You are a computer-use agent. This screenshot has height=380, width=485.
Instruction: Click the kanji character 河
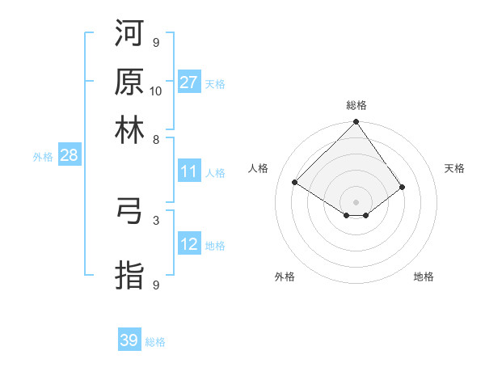coord(129,34)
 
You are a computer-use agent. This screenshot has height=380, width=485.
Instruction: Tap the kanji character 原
coord(129,82)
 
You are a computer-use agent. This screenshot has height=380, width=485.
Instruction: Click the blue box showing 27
coord(189,82)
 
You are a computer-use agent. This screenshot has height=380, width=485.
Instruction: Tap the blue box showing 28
coord(69,156)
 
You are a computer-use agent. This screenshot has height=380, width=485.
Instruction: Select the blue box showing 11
coord(189,171)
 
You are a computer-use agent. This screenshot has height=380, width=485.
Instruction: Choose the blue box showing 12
coord(189,244)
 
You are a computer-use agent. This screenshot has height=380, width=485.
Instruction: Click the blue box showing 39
coord(129,340)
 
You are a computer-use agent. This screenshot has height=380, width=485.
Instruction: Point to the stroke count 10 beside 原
coord(156,91)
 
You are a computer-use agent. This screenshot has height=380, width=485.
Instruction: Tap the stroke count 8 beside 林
coord(156,139)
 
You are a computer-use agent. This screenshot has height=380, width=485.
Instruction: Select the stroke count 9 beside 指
coord(156,285)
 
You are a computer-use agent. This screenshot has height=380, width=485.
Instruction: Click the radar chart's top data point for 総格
coord(356,123)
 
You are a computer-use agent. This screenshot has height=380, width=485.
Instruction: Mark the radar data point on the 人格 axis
coord(295,183)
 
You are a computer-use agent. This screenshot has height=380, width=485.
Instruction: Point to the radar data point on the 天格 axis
coord(402,187)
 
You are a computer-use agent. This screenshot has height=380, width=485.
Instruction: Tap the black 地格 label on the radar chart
coord(424,277)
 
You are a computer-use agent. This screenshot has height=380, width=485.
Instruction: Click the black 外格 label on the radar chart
coord(285,277)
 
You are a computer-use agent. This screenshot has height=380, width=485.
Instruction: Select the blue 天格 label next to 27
coord(215,83)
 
